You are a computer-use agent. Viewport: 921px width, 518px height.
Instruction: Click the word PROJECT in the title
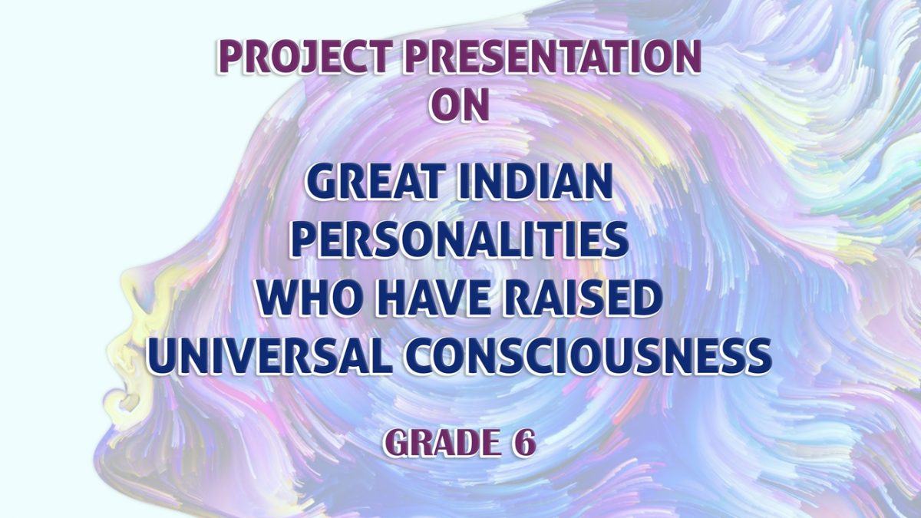click(x=302, y=58)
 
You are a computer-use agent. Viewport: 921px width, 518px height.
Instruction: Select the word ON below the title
click(x=459, y=105)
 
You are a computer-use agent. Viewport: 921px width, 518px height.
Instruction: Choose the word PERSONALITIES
click(x=460, y=240)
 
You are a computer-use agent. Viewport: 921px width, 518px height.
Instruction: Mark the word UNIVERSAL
click(x=267, y=356)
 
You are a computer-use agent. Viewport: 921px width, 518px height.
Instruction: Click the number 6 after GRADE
click(x=523, y=444)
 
